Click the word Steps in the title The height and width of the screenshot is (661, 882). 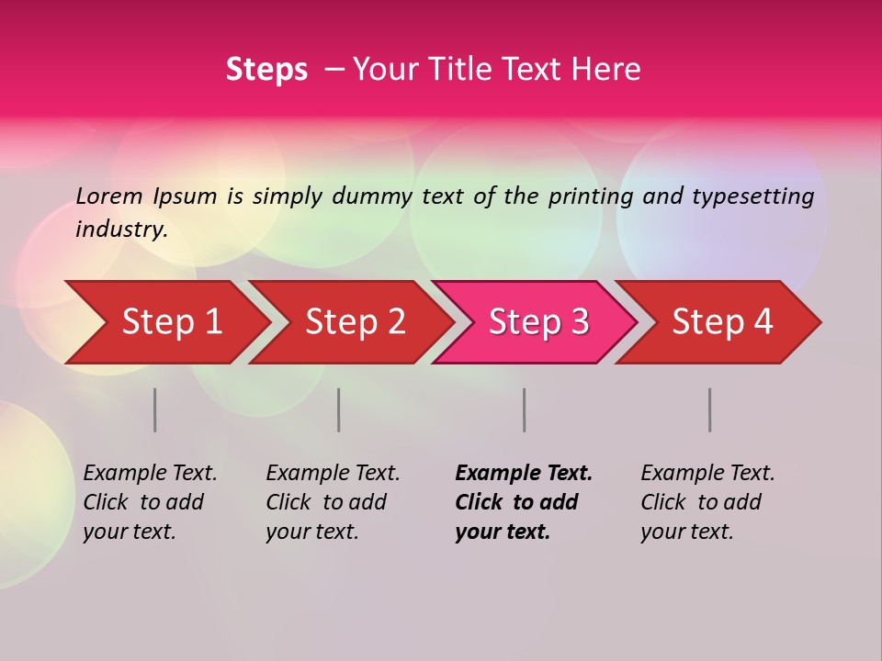(x=266, y=70)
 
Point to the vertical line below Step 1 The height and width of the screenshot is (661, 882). (x=155, y=409)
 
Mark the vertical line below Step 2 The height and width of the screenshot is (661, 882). (x=339, y=409)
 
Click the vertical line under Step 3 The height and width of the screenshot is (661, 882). (x=525, y=409)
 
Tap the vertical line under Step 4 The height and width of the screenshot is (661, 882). (x=710, y=409)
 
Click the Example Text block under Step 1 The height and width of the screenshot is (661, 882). (x=150, y=502)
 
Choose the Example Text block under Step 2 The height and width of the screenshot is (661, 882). (x=333, y=502)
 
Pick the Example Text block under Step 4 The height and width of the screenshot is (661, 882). (x=707, y=502)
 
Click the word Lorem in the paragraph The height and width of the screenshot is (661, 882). (x=109, y=196)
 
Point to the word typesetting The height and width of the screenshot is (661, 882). (x=752, y=196)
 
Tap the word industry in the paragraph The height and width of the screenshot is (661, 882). (x=121, y=230)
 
